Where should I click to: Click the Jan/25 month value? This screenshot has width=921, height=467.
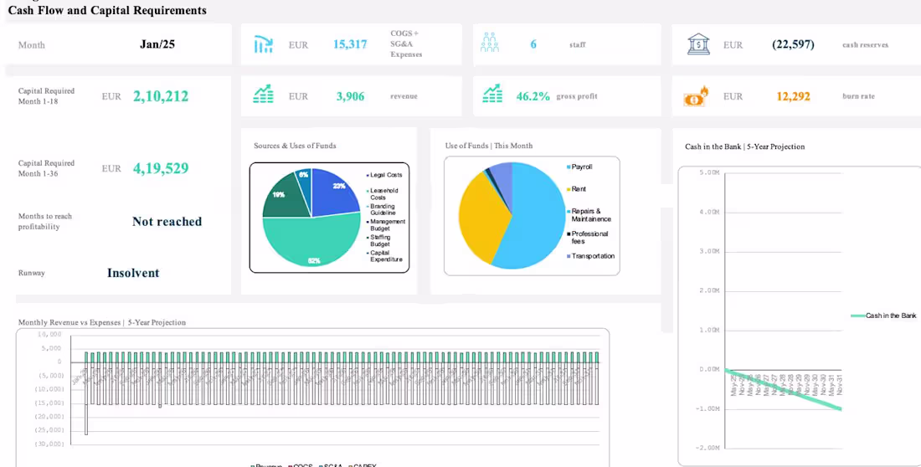coord(157,44)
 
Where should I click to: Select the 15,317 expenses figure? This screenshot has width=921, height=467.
coord(350,44)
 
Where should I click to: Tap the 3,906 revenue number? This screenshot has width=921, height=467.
coord(350,96)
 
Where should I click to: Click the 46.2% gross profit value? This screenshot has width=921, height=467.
coord(533,96)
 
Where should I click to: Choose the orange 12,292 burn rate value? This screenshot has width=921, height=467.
coord(793,96)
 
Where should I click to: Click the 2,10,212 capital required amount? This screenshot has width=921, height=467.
coord(161,96)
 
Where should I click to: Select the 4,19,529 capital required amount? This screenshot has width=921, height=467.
coord(161,168)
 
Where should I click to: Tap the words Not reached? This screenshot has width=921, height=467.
coord(167,222)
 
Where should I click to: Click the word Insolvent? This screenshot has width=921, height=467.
coord(133,273)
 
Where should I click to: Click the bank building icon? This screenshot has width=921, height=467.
coord(698,44)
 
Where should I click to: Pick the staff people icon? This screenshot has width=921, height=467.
coord(490,44)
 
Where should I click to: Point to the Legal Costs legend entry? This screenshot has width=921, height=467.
coord(385,175)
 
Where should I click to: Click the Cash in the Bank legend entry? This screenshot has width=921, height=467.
coord(890,316)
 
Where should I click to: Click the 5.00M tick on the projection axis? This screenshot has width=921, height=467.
coord(709,172)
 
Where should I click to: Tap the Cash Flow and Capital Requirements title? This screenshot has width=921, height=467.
coord(107,11)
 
